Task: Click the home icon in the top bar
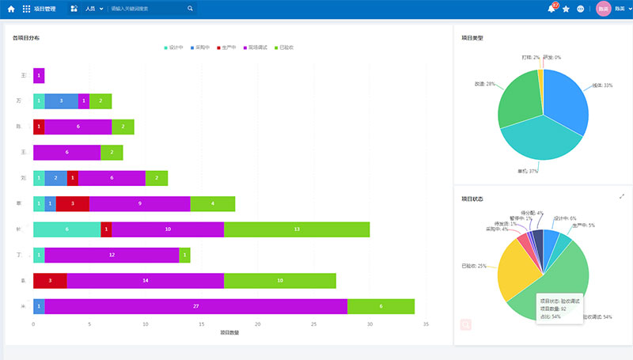(11, 9)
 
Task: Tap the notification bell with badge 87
(552, 9)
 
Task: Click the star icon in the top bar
(566, 9)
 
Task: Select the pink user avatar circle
(604, 9)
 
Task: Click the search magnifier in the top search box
(190, 9)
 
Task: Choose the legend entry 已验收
(282, 47)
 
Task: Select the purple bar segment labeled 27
(195, 306)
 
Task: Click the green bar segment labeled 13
(297, 229)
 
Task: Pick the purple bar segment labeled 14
(146, 281)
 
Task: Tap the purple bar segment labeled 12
(112, 255)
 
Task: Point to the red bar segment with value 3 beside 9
(73, 203)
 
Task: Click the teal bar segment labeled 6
(66, 229)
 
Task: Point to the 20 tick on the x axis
(257, 324)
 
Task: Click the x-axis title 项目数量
(229, 333)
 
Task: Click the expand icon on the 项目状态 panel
(622, 196)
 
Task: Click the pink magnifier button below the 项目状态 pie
(466, 324)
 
